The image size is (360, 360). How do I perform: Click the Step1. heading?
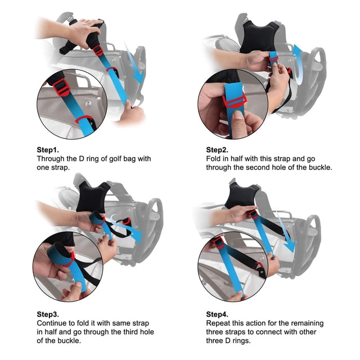pyautogui.click(x=48, y=150)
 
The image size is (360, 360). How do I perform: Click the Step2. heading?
pyautogui.click(x=217, y=150)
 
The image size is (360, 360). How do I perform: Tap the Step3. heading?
pyautogui.click(x=48, y=314)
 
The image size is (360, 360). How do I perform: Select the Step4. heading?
pyautogui.click(x=217, y=314)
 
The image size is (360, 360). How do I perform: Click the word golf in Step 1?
pyautogui.click(x=115, y=159)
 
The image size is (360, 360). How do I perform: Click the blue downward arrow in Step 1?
pyautogui.click(x=134, y=64)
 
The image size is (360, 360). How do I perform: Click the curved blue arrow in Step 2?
pyautogui.click(x=299, y=65)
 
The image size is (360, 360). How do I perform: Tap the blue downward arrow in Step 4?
pyautogui.click(x=285, y=232)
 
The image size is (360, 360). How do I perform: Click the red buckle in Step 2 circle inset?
pyautogui.click(x=235, y=101)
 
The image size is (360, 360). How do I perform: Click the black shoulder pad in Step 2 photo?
pyautogui.click(x=259, y=37)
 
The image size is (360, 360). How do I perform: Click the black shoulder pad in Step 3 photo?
pyautogui.click(x=92, y=197)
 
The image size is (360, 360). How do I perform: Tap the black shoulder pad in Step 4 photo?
pyautogui.click(x=241, y=196)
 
